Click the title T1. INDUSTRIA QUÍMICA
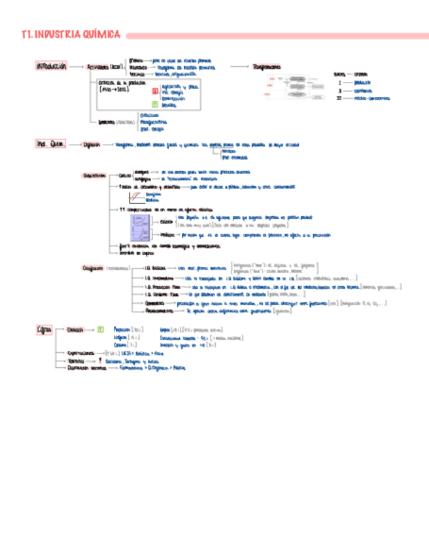71,34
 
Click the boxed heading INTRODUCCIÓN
52,67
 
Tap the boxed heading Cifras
44,330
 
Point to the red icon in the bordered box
155,92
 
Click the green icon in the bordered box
155,104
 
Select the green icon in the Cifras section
100,330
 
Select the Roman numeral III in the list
339,98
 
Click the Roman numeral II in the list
339,91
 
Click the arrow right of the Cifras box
60,330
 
